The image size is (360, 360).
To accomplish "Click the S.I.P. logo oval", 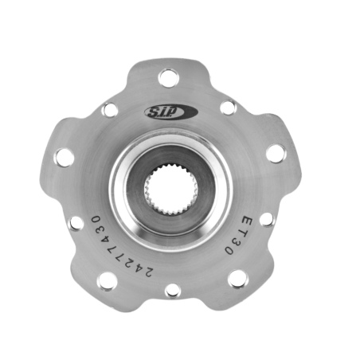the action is coord(171,112).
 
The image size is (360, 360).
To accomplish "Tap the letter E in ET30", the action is coord(247,222).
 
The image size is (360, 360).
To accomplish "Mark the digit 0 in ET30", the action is coord(229,250).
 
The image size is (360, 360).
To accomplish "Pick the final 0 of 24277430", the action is coord(96,220).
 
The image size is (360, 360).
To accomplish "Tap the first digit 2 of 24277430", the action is coord(147,272).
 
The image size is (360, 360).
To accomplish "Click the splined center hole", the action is coord(171,190).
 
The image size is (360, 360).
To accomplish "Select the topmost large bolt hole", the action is coord(169,78).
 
